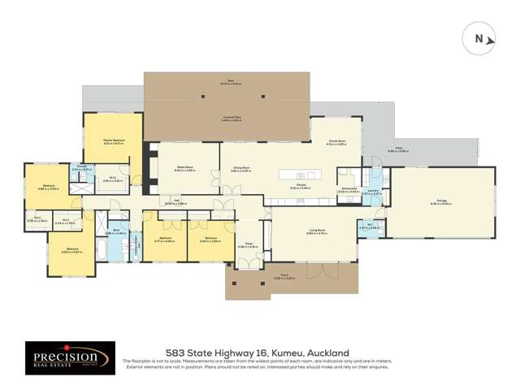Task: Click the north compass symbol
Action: [x=477, y=38]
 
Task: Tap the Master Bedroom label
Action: [x=113, y=143]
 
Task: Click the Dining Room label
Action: [x=241, y=170]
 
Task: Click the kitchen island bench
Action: [x=300, y=175]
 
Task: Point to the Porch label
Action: [x=291, y=276]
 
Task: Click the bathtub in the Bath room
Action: [x=100, y=246]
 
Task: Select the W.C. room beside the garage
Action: [x=370, y=227]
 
